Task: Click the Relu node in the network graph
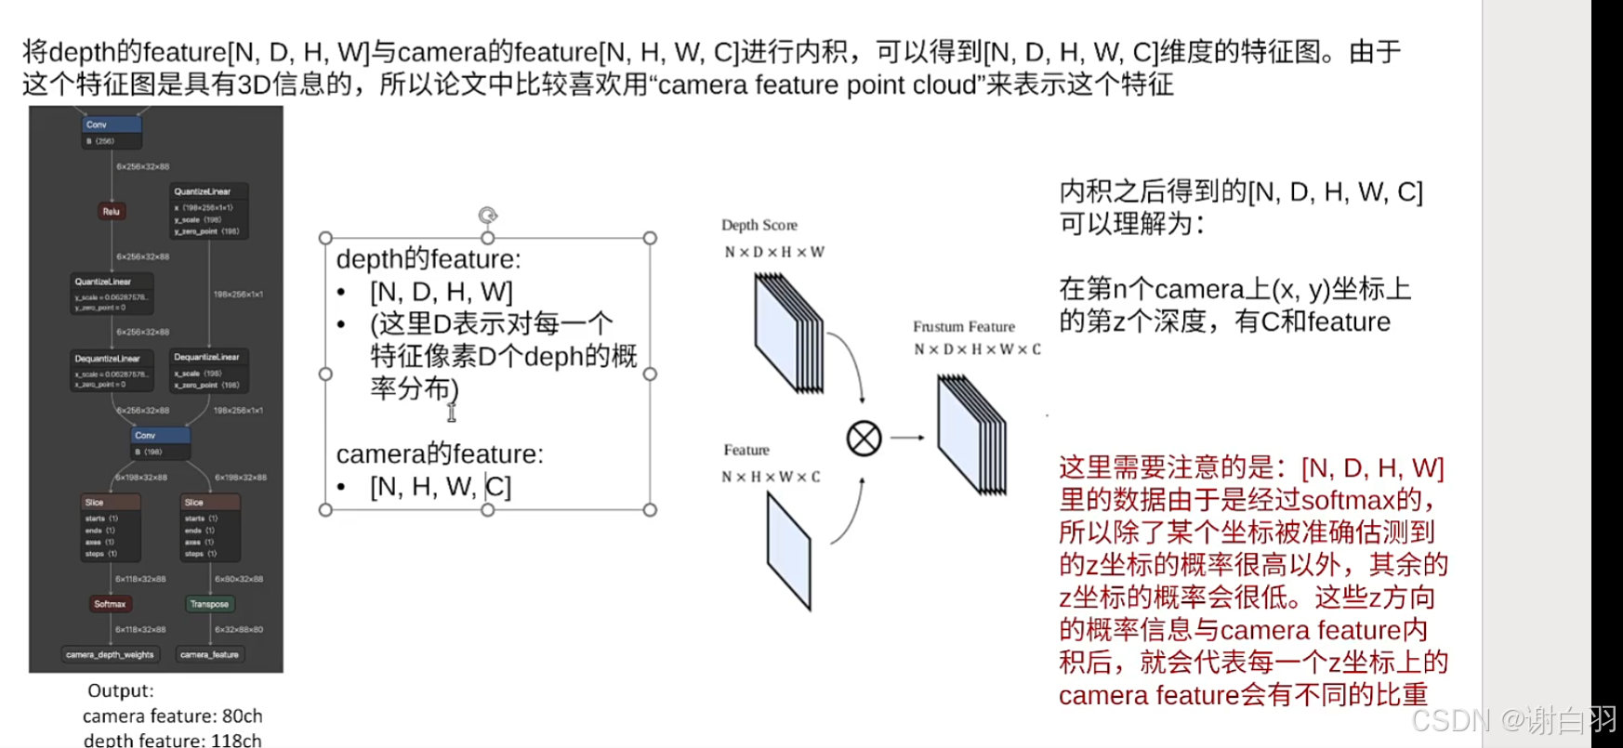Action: (x=111, y=211)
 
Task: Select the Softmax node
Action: (x=110, y=604)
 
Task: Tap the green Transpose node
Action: (x=209, y=604)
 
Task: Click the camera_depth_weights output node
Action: (x=110, y=655)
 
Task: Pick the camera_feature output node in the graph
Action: (x=209, y=655)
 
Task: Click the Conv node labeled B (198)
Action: (x=161, y=442)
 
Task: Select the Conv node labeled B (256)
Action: (x=112, y=132)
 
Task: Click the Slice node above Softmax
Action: (x=112, y=527)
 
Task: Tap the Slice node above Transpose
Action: (x=211, y=527)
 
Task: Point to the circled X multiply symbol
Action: (x=864, y=438)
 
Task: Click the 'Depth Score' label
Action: (x=759, y=225)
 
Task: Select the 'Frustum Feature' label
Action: (x=964, y=326)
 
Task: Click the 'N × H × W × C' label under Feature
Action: (x=771, y=477)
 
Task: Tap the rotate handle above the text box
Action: (x=488, y=216)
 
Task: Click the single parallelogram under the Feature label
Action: (x=789, y=551)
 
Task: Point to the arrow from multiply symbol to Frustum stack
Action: (x=907, y=438)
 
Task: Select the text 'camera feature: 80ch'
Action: (x=172, y=715)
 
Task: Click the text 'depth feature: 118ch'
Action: (x=172, y=740)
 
